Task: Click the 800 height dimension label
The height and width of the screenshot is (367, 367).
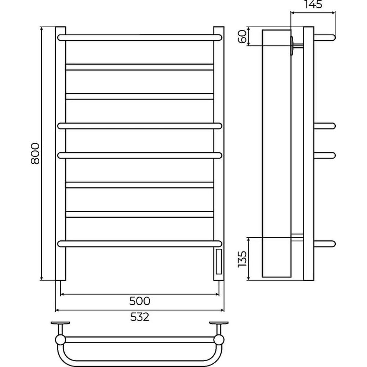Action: pyautogui.click(x=35, y=153)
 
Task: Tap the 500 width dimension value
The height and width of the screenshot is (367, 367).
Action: pyautogui.click(x=140, y=301)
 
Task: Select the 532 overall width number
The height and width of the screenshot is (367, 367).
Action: pyautogui.click(x=140, y=317)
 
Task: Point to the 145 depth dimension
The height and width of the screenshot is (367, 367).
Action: pyautogui.click(x=313, y=4)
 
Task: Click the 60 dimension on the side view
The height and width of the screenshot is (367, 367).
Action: pyautogui.click(x=243, y=36)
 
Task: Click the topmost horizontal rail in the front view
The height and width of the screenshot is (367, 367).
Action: pyautogui.click(x=140, y=38)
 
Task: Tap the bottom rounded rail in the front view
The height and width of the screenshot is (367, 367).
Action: pyautogui.click(x=140, y=244)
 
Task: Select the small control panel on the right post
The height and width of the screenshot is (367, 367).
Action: pyautogui.click(x=219, y=262)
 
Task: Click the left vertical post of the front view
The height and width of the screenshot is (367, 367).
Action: pyautogui.click(x=61, y=153)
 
